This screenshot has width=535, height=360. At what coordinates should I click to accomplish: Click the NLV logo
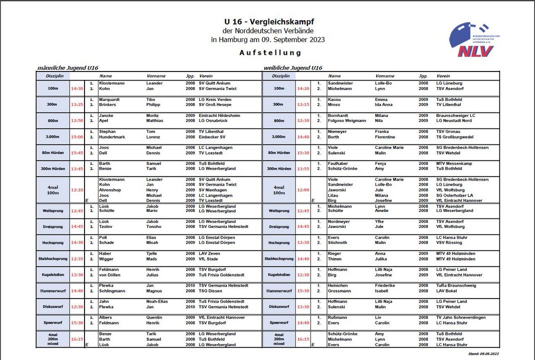click(x=473, y=40)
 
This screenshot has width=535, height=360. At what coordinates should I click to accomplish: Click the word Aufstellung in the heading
click(x=270, y=52)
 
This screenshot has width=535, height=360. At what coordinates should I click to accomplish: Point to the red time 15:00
click(x=77, y=136)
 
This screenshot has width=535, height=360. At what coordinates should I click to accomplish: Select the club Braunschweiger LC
click(x=456, y=115)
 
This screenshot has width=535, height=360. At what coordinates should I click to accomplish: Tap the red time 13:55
click(x=303, y=168)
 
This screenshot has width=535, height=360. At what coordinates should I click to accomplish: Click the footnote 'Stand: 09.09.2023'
click(x=483, y=353)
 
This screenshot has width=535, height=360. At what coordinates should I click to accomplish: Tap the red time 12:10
click(x=77, y=190)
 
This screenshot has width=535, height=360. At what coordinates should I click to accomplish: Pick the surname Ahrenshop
click(x=110, y=190)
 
